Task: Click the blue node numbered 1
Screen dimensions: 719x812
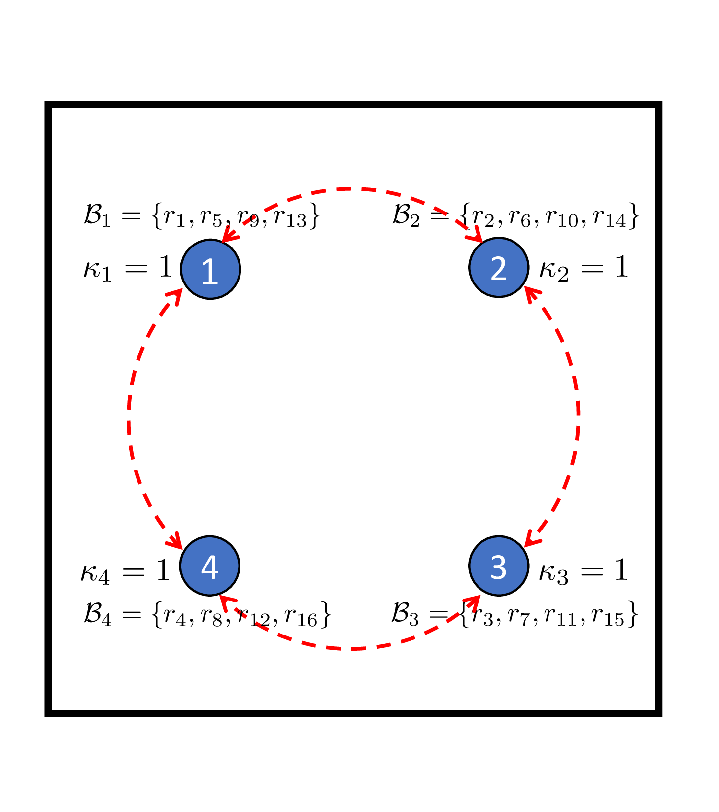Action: coord(210,269)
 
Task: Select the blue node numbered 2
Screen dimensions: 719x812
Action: coord(499,268)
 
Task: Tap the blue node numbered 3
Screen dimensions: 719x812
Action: coord(499,565)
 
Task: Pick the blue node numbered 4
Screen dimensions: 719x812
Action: coord(210,565)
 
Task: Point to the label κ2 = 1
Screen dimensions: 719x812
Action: coord(584,269)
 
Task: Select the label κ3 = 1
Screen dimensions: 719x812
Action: coord(583,571)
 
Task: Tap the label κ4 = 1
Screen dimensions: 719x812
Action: coord(125,571)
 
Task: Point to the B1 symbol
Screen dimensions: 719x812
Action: coord(98,216)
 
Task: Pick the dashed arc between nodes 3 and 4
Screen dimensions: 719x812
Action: coord(352,648)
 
